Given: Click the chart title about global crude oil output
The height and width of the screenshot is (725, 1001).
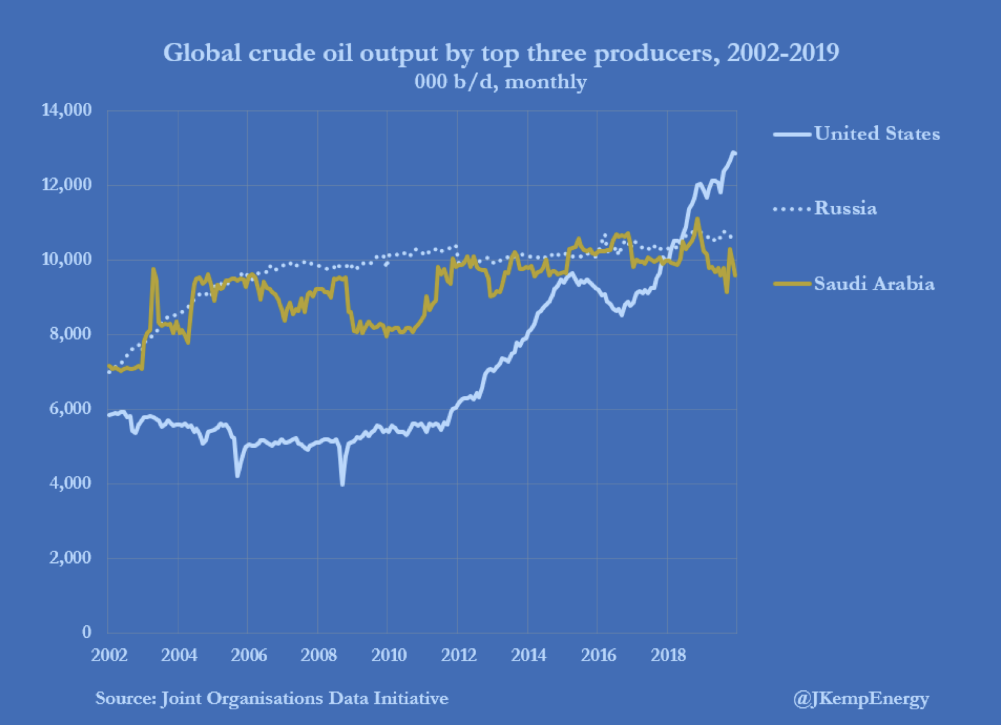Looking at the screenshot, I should [x=500, y=53].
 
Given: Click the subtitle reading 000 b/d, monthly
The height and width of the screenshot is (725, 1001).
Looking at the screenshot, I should [x=500, y=82].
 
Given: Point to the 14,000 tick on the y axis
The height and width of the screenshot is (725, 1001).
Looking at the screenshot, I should [x=66, y=110].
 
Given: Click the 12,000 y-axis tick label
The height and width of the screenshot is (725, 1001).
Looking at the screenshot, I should [x=66, y=185].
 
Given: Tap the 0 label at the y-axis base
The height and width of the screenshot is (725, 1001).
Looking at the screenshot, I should [x=86, y=632].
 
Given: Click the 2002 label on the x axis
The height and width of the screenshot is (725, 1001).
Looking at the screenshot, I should [x=110, y=656].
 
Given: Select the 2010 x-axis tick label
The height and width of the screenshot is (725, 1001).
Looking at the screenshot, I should [x=389, y=656].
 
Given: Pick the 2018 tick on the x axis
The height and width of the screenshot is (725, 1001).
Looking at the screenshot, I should [x=668, y=656].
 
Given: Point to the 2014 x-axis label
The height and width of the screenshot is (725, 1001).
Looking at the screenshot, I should [x=529, y=656].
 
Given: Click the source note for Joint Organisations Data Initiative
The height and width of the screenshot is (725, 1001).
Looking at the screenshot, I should [x=272, y=698].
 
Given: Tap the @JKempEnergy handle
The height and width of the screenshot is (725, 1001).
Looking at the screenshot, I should [x=861, y=698].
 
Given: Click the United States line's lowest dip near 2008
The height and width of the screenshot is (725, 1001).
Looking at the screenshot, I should [x=343, y=484].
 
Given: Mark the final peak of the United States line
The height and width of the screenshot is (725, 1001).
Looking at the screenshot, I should [x=734, y=153].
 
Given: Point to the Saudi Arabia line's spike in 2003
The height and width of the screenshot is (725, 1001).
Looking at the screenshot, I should [x=153, y=269].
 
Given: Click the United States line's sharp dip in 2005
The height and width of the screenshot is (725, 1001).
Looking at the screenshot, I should [x=237, y=475].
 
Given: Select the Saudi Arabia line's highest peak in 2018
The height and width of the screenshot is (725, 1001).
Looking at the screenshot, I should [x=697, y=219].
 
